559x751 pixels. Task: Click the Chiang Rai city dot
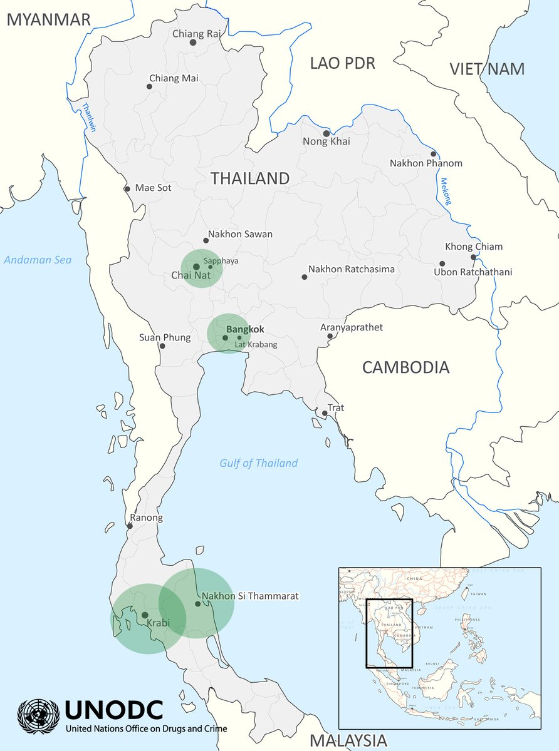[x=193, y=43]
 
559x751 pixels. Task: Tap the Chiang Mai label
[x=173, y=78]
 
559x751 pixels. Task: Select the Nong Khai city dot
[x=326, y=133]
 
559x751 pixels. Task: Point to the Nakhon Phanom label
[x=426, y=163]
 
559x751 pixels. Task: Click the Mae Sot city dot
[x=127, y=188]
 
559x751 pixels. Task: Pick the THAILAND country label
[x=250, y=178]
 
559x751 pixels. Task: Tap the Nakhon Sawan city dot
[x=206, y=240]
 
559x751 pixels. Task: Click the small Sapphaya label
[x=221, y=260]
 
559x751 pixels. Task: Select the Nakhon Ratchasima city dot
[x=305, y=277]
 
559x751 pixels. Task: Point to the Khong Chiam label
[x=474, y=247]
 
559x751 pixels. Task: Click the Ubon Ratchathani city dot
[x=442, y=263]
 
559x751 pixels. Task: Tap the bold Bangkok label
[x=245, y=329]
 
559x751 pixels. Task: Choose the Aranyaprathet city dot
[x=330, y=336]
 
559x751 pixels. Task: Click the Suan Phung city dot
[x=162, y=345]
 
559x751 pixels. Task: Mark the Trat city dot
[x=325, y=413]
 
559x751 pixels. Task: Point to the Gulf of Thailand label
[x=258, y=463]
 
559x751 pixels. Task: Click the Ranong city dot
[x=130, y=526]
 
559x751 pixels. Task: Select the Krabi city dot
[x=145, y=615]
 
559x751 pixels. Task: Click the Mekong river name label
[x=446, y=192]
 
